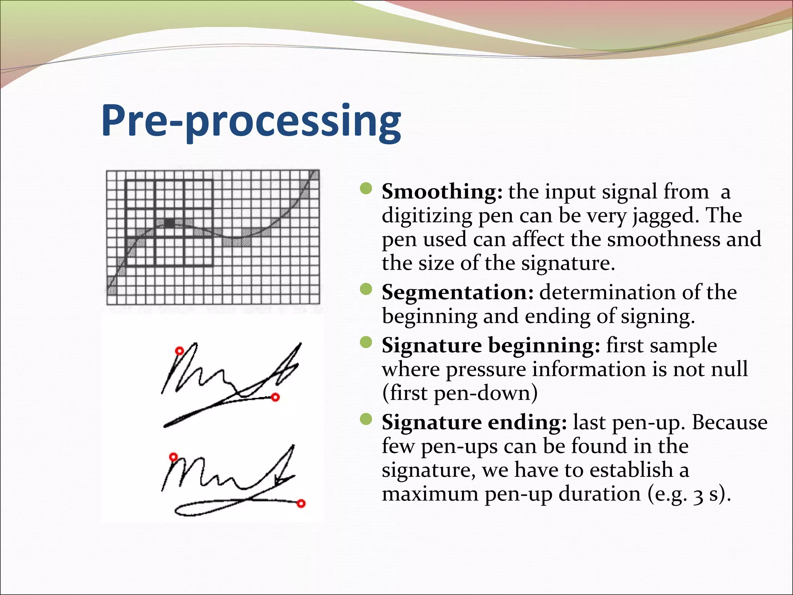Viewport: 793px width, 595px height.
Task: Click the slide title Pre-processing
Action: (x=251, y=121)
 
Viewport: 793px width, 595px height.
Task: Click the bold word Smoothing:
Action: (x=442, y=192)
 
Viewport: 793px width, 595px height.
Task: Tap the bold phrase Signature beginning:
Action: (x=491, y=345)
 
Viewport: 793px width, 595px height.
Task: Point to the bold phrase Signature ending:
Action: (x=474, y=422)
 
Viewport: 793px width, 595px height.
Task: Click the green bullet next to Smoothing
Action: (x=366, y=189)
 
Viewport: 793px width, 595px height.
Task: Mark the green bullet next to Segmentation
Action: (x=366, y=289)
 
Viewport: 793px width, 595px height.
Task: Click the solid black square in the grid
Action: (x=169, y=223)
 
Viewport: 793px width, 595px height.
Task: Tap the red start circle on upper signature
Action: (x=179, y=351)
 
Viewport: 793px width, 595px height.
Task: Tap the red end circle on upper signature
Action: (x=275, y=397)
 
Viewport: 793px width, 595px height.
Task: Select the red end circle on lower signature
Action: (x=301, y=503)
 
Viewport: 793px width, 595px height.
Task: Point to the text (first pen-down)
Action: (x=460, y=393)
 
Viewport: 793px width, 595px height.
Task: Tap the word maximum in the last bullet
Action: (x=430, y=494)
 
